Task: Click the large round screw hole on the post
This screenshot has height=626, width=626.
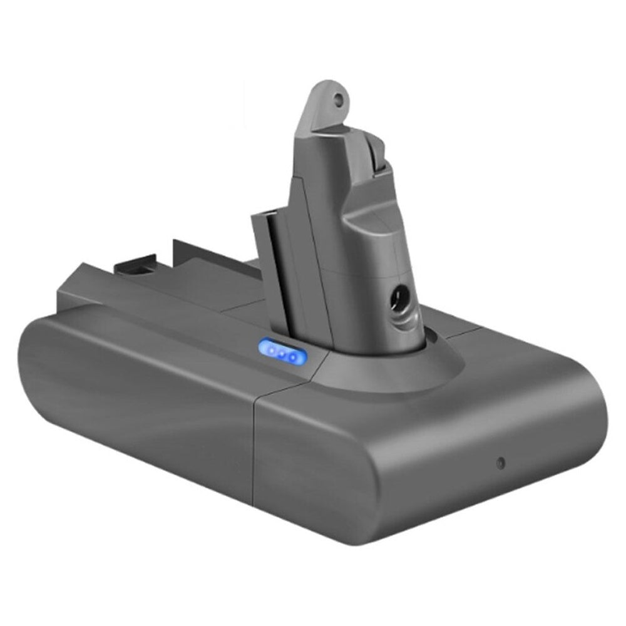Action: [x=397, y=294]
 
